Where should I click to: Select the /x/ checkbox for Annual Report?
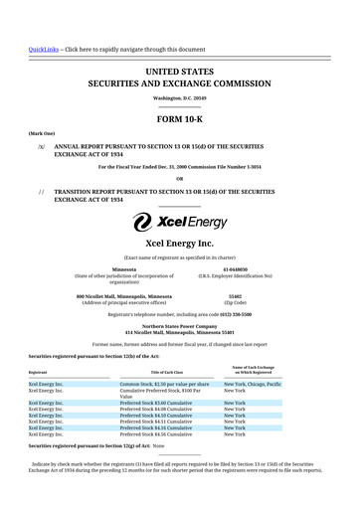click(x=41, y=146)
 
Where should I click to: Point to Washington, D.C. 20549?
click(x=179, y=98)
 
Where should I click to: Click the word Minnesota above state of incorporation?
click(x=124, y=268)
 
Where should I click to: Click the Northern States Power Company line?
click(x=179, y=325)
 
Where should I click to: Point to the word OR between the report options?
click(x=179, y=179)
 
